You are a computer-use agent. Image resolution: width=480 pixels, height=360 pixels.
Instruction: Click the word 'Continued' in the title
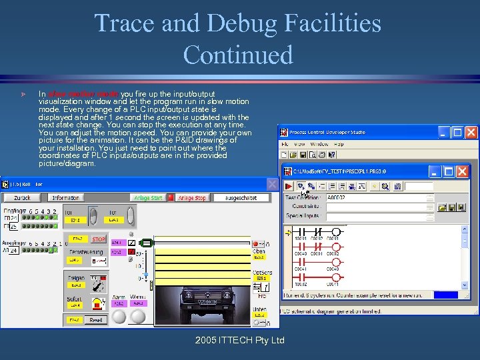[238, 54]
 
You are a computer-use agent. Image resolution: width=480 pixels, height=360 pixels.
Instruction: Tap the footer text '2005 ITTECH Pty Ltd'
[240, 340]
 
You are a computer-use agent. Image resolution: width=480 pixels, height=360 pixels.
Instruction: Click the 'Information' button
[66, 198]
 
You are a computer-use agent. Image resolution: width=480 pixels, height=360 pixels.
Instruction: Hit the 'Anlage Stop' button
[191, 198]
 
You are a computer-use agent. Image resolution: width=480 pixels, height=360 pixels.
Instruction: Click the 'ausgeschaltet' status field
[244, 198]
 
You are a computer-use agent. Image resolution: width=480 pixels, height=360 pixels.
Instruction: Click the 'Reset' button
[97, 320]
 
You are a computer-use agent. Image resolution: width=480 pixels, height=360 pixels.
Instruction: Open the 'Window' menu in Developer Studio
[319, 144]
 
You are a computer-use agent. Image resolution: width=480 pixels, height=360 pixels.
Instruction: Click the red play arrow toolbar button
[289, 186]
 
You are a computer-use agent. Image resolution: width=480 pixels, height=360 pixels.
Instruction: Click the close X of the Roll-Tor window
[272, 183]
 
